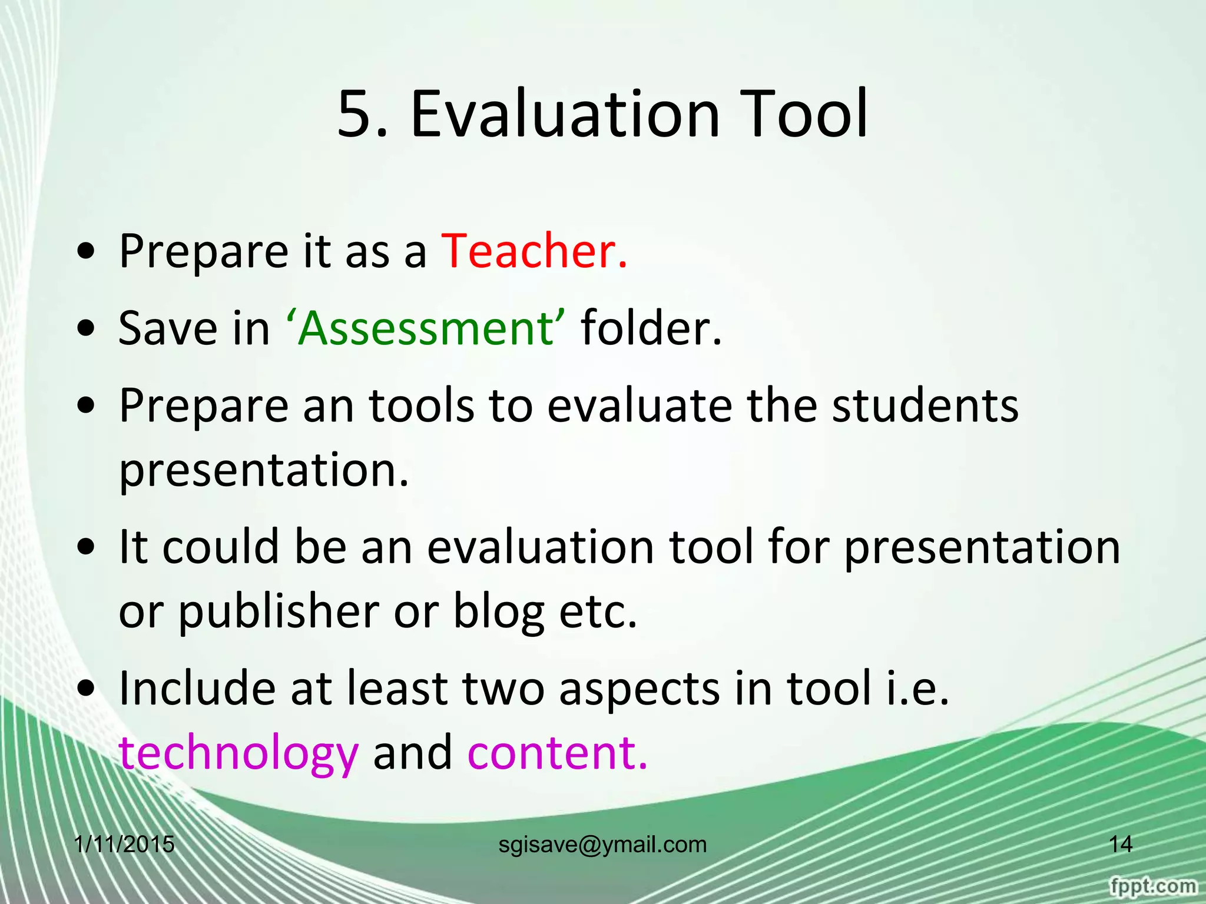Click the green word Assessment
(x=425, y=328)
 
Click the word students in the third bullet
(x=925, y=406)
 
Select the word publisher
(x=278, y=612)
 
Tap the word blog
(x=498, y=612)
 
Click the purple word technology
(x=238, y=753)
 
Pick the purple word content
(x=557, y=753)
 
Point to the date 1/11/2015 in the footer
(x=125, y=845)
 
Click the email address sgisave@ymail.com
(x=602, y=845)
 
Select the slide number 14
(x=1121, y=845)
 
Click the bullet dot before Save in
(x=87, y=330)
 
